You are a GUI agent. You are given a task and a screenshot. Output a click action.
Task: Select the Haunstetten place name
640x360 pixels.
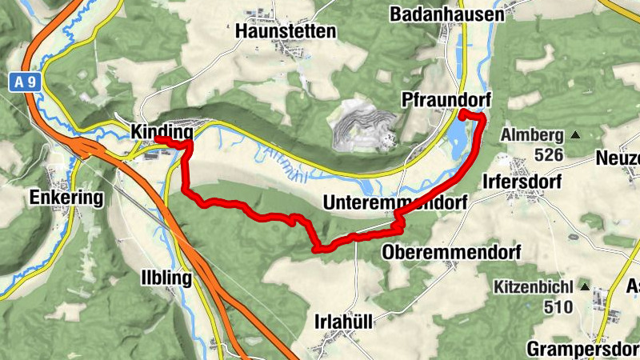[x=286, y=31]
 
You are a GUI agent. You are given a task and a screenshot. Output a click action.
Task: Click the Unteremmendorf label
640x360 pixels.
[x=394, y=204]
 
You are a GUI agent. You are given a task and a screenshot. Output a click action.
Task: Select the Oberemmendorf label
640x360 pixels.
[x=451, y=252]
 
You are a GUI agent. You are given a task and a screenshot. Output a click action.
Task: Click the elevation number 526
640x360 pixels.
[x=553, y=155]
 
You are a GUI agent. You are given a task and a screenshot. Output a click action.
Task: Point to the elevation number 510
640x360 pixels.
[x=558, y=306]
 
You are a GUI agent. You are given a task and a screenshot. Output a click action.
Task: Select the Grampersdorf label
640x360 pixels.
[x=582, y=349]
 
